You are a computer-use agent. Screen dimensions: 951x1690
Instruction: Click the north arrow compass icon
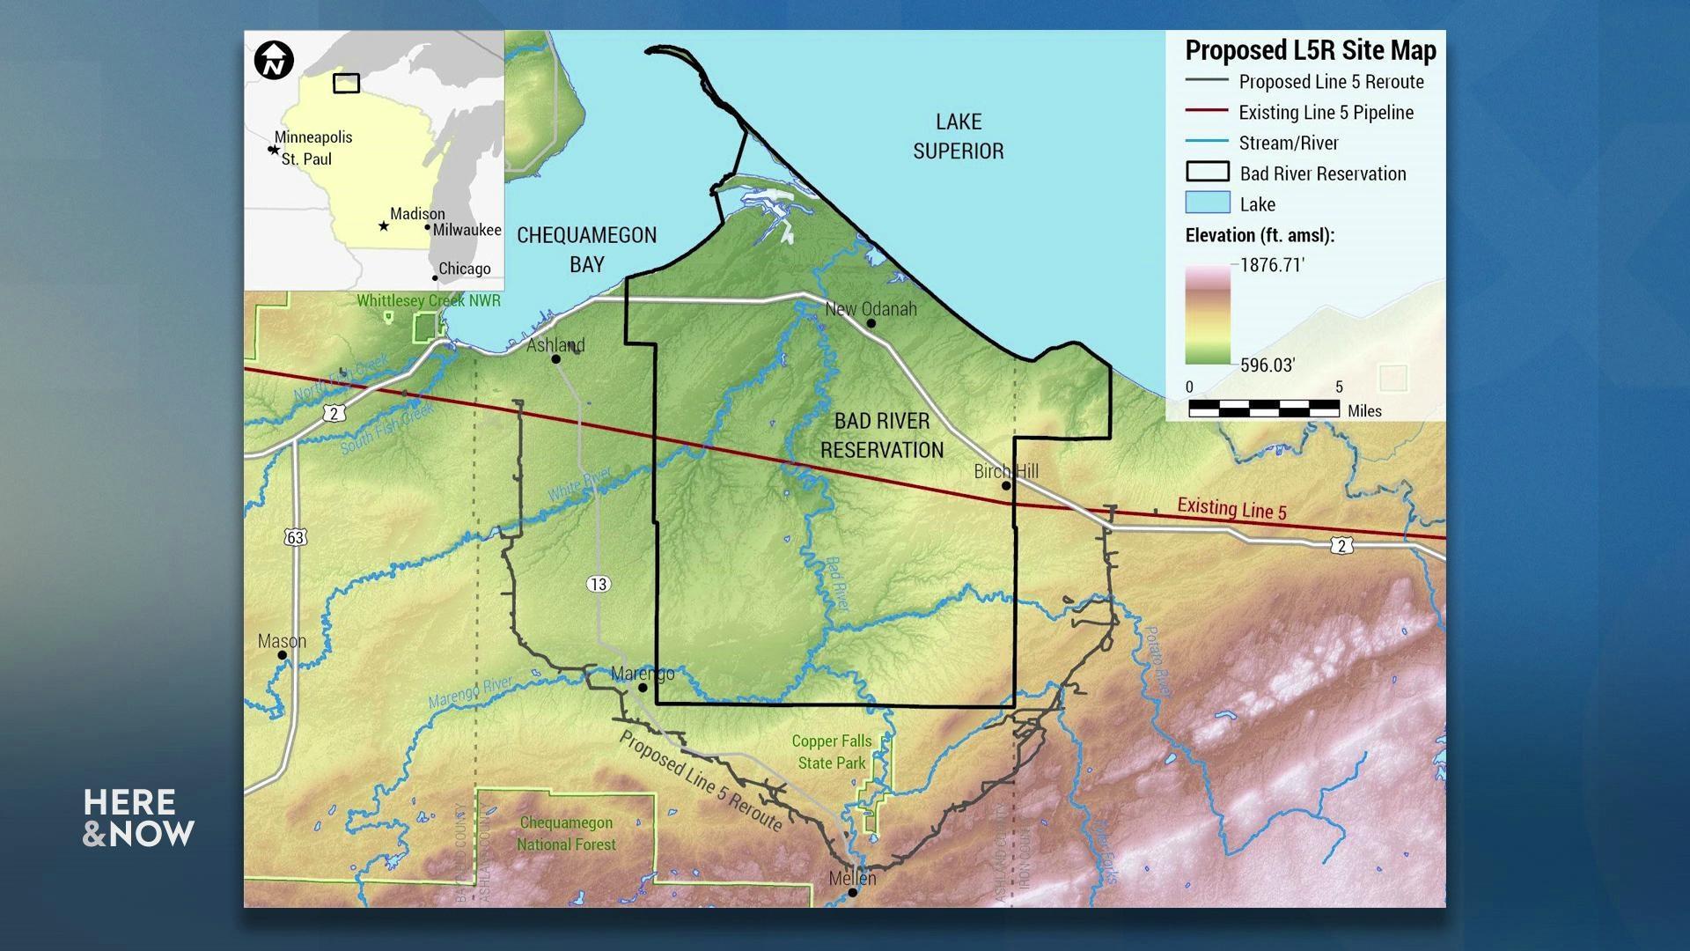tap(274, 61)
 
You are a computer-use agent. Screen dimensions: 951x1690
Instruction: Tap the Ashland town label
tap(555, 344)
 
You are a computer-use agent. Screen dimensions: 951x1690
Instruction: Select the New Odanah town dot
tap(871, 323)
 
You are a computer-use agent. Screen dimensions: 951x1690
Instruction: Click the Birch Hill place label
tap(1006, 471)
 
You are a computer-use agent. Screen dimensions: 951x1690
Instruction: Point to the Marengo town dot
tap(643, 688)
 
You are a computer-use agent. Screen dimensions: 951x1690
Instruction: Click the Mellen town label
tap(852, 878)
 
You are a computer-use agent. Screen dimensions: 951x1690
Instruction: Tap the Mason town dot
tap(282, 655)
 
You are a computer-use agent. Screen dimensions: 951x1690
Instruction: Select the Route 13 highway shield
tap(599, 584)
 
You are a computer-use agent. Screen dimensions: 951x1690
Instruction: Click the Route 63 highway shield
tap(295, 537)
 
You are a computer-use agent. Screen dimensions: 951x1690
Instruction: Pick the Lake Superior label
tap(959, 136)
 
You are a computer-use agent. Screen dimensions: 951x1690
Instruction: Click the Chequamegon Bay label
tap(586, 249)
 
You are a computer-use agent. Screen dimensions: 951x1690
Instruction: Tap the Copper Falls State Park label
tap(832, 752)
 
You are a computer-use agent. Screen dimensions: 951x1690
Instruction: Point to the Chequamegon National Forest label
tap(566, 833)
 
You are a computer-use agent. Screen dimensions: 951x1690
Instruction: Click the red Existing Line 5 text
tap(1231, 508)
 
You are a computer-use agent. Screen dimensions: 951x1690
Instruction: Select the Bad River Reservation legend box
tap(1208, 173)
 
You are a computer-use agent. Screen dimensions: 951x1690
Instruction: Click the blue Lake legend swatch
tap(1208, 203)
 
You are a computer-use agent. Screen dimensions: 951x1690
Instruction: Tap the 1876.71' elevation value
tap(1272, 265)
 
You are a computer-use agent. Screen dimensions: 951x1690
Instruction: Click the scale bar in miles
tap(1264, 409)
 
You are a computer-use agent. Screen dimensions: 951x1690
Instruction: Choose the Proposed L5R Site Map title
tap(1310, 51)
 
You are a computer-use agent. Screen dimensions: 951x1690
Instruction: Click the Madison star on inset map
tap(384, 226)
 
